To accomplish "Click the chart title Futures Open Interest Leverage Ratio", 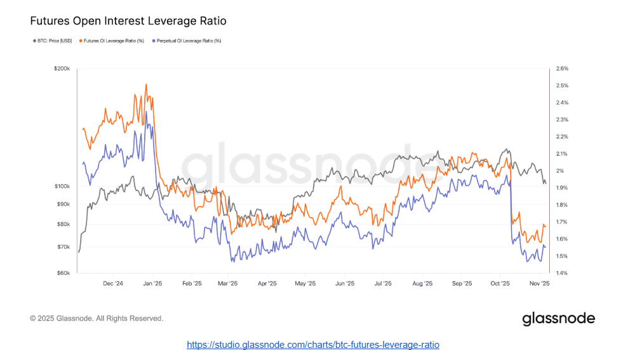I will click(128, 21).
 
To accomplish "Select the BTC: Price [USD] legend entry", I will click(55, 41).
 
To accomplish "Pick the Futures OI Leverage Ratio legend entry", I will click(114, 41).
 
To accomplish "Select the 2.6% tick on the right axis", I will click(562, 68).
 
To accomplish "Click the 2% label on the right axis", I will click(560, 171).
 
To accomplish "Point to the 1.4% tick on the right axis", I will click(562, 273).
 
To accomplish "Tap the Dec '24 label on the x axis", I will click(112, 284).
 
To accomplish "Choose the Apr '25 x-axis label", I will click(267, 284).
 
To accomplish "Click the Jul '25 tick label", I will click(383, 284).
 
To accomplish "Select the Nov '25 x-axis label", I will click(540, 284).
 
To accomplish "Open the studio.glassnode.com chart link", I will click(313, 345).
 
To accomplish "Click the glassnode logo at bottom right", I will click(558, 319).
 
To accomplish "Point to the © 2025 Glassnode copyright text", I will click(97, 318).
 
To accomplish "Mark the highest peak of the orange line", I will click(146, 84).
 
